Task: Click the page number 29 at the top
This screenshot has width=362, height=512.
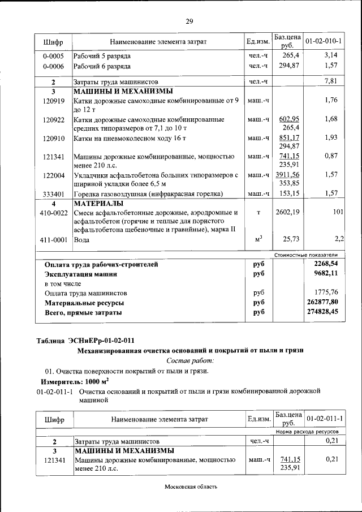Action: [189, 21]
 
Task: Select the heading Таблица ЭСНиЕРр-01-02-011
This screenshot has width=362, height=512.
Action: [85, 340]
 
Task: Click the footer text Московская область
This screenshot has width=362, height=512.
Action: [191, 487]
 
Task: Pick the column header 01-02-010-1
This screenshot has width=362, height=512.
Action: [324, 41]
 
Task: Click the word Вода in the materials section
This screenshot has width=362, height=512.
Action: [82, 240]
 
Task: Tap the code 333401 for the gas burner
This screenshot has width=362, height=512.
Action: [53, 194]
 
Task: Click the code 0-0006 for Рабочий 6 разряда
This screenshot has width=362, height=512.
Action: [53, 66]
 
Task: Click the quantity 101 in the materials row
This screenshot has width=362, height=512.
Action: [338, 212]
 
